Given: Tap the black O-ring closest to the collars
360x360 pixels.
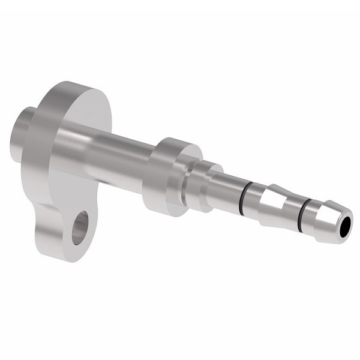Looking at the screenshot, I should (240, 197).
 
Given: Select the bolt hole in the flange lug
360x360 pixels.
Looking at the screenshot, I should (79, 227).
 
